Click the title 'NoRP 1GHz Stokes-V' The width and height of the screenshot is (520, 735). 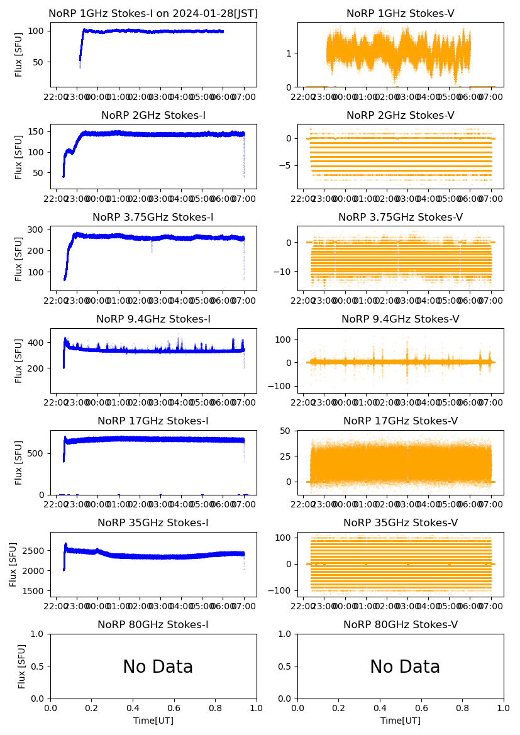click(x=401, y=14)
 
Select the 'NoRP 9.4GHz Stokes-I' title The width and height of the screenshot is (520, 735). click(x=153, y=319)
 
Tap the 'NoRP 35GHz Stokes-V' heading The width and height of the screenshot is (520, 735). click(x=401, y=523)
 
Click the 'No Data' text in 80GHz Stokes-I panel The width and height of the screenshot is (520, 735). click(x=158, y=667)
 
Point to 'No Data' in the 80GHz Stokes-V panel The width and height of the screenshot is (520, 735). click(x=405, y=667)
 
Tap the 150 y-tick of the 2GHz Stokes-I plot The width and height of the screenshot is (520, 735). click(x=39, y=131)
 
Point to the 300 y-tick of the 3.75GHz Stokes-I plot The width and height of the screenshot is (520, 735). click(x=39, y=229)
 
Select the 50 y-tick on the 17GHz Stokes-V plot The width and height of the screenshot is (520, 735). click(x=286, y=431)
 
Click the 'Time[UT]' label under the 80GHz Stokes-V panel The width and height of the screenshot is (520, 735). click(x=401, y=721)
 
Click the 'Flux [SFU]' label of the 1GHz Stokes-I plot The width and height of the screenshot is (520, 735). click(x=19, y=55)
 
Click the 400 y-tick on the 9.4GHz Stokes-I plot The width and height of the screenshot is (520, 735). click(x=39, y=343)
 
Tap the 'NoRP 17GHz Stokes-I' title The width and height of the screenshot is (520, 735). click(x=153, y=421)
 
